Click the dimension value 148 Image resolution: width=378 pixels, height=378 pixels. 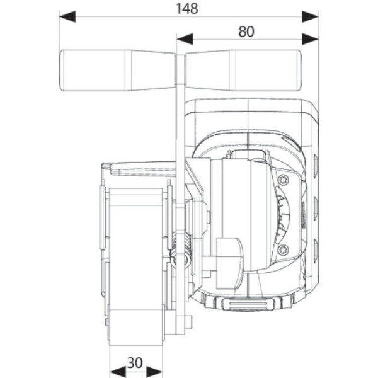pyautogui.click(x=187, y=9)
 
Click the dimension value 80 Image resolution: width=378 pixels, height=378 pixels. pyautogui.click(x=246, y=31)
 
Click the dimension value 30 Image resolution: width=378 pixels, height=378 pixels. pyautogui.click(x=135, y=363)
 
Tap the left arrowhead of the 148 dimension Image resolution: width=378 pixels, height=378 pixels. pyautogui.click(x=67, y=16)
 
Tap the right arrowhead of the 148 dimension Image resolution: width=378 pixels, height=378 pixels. pyautogui.click(x=310, y=16)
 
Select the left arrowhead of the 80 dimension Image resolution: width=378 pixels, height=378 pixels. pyautogui.click(x=185, y=39)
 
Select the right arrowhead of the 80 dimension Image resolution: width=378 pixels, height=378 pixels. pyautogui.click(x=310, y=39)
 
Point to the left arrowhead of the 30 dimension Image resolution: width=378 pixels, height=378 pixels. pyautogui.click(x=118, y=372)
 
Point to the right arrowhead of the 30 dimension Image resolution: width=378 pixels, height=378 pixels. pyautogui.click(x=154, y=372)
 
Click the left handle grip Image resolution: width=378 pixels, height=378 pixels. pyautogui.click(x=117, y=71)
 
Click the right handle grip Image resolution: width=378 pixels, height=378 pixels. pyautogui.click(x=243, y=71)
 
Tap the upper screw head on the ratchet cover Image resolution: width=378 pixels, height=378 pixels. pyautogui.click(x=283, y=180)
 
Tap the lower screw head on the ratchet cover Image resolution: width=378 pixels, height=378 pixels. pyautogui.click(x=283, y=249)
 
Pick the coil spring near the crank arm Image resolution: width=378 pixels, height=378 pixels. pyautogui.click(x=181, y=251)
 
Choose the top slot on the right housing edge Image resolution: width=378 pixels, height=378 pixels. pyautogui.click(x=315, y=164)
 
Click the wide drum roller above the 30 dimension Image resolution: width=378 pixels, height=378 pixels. pyautogui.click(x=135, y=267)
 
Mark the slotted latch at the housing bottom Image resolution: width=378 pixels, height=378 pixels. pyautogui.click(x=248, y=304)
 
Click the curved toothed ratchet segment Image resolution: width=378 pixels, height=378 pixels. pyautogui.click(x=282, y=215)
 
